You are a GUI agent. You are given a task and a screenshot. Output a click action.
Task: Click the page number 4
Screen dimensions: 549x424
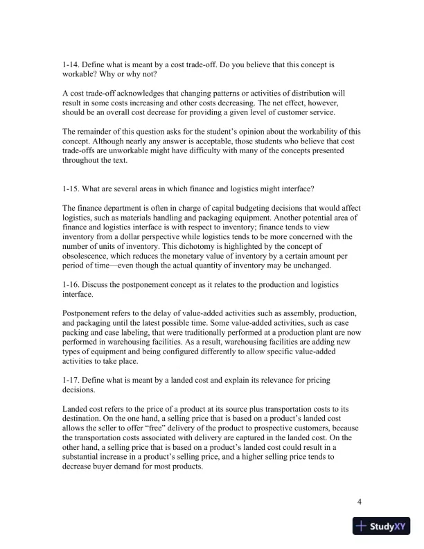(x=360, y=503)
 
